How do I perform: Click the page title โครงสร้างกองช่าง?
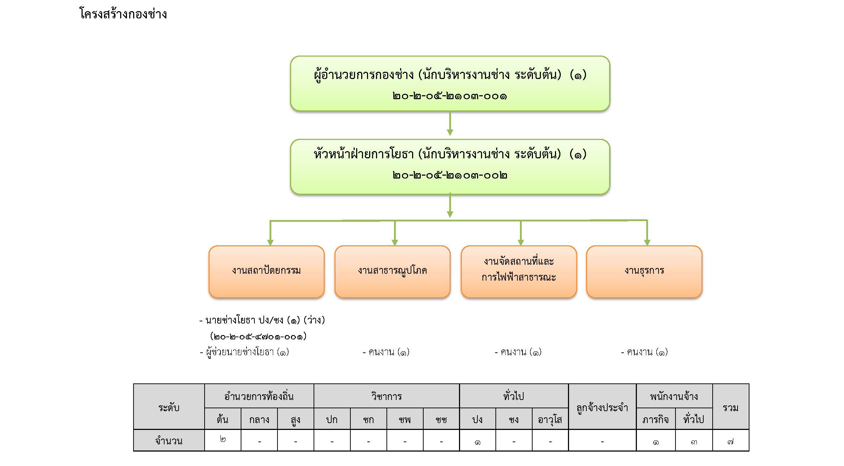[x=123, y=14]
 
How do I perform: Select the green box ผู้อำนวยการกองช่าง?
[x=450, y=83]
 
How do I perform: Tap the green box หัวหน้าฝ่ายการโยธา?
[x=450, y=167]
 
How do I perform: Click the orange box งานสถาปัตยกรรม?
[x=266, y=272]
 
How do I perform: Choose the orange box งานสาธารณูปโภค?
[x=392, y=272]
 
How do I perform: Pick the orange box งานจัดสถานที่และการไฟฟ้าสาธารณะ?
[x=519, y=272]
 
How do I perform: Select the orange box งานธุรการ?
[x=644, y=272]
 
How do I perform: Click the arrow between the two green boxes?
[x=450, y=123]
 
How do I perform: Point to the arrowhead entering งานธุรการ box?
[x=647, y=243]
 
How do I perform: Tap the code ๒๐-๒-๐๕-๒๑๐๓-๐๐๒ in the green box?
[x=450, y=175]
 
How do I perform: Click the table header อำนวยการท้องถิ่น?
[x=259, y=396]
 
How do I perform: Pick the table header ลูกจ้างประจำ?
[x=602, y=408]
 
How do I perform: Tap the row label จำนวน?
[x=169, y=441]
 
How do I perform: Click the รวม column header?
[x=730, y=408]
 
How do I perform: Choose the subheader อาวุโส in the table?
[x=550, y=419]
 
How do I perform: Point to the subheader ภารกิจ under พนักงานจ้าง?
[x=655, y=419]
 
